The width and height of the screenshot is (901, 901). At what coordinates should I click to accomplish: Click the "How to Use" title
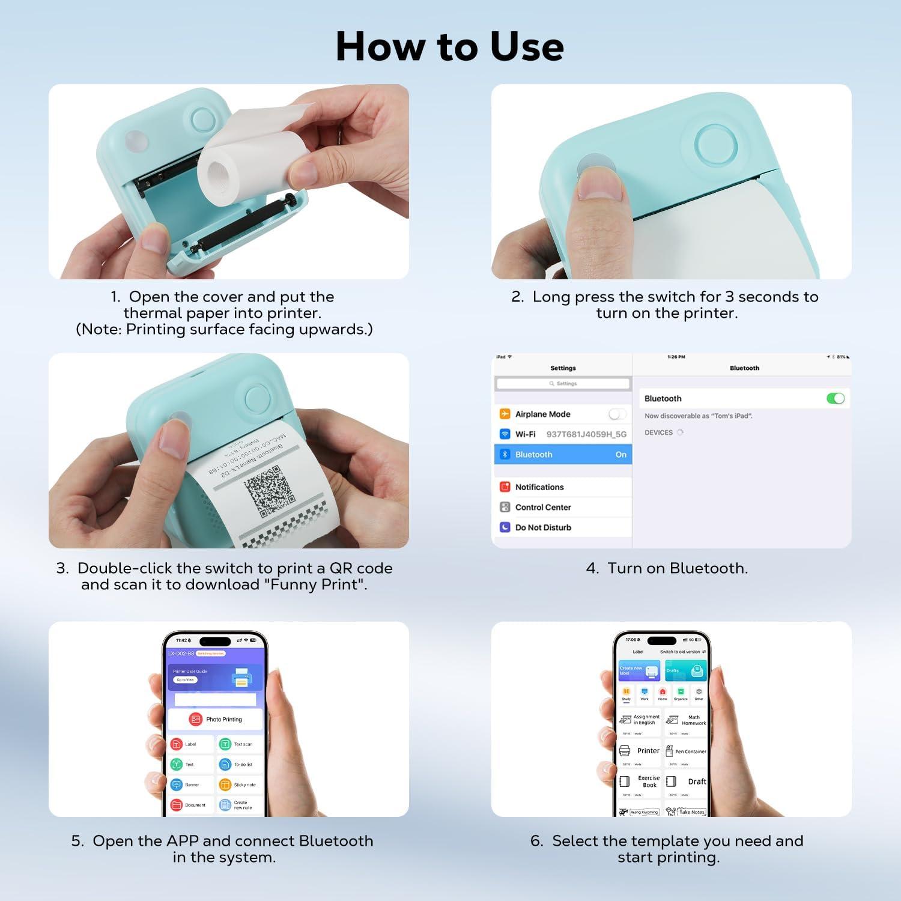[449, 46]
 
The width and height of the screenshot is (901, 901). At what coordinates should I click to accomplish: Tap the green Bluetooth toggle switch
[835, 398]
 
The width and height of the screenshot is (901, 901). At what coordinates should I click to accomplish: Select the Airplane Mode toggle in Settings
[617, 414]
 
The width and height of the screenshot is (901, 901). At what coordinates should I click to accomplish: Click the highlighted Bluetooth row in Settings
[563, 455]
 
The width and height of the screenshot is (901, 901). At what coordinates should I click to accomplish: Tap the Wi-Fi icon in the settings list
[505, 434]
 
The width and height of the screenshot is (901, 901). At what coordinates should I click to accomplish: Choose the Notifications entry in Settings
[539, 487]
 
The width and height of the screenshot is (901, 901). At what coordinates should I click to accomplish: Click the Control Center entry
[542, 508]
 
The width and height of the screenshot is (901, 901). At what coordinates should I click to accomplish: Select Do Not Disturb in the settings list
[542, 527]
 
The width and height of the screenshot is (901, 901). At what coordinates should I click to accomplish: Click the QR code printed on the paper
[269, 491]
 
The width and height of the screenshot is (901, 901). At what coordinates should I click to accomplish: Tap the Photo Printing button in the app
[216, 719]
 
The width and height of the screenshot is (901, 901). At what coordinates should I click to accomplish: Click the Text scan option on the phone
[238, 744]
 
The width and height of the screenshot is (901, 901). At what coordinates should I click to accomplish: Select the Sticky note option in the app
[240, 784]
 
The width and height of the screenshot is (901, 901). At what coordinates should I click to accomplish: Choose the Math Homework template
[685, 720]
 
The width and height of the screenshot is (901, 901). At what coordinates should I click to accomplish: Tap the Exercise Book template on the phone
[640, 781]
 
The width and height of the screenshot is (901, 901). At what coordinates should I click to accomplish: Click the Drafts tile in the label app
[685, 670]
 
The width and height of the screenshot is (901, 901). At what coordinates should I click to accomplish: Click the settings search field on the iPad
[563, 383]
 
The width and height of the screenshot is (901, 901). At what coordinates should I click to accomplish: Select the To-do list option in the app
[238, 765]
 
